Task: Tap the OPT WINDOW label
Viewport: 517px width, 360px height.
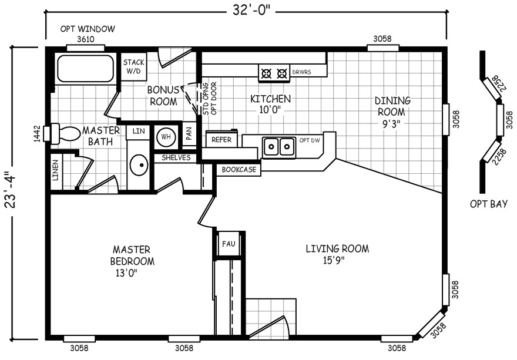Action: click(88, 29)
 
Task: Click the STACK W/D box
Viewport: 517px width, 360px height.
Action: click(133, 67)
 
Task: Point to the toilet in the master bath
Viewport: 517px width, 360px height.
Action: click(65, 133)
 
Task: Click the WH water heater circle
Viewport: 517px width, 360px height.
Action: click(166, 136)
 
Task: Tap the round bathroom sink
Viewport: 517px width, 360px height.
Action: click(139, 166)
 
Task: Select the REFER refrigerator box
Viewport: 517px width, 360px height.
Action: click(221, 140)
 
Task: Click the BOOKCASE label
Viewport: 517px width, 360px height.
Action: click(238, 170)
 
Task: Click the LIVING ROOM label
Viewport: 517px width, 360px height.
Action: click(337, 254)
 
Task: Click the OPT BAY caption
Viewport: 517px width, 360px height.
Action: click(488, 204)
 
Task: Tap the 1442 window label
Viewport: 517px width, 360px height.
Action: click(36, 134)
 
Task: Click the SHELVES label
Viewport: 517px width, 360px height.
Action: click(176, 157)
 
